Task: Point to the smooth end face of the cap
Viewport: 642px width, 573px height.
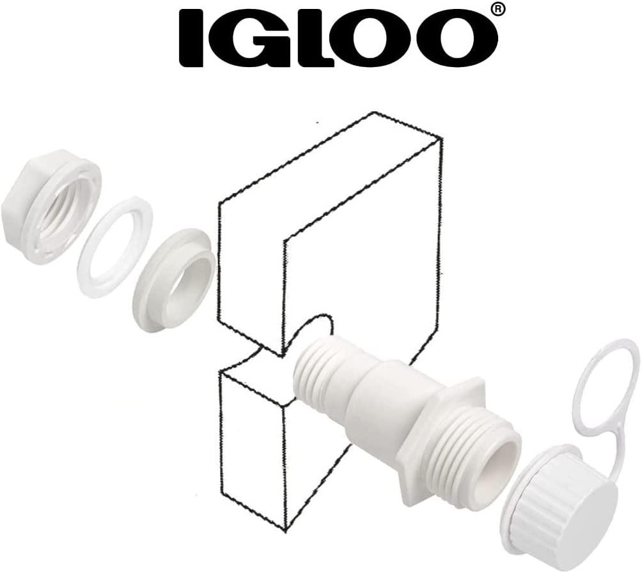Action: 585,521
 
